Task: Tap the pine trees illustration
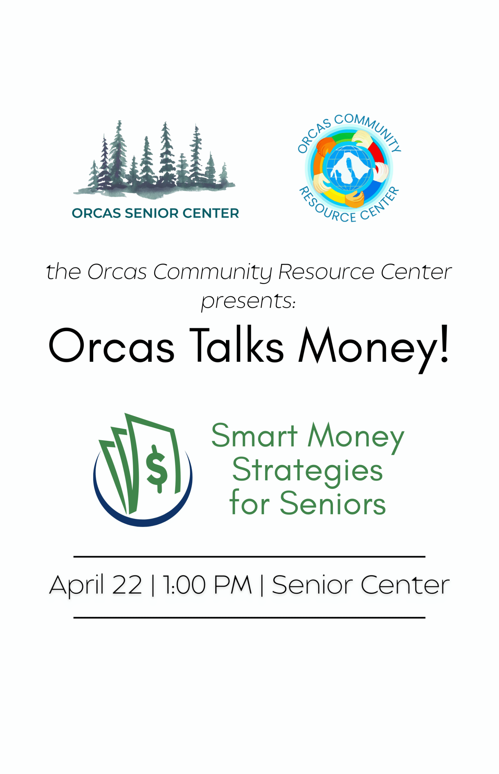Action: click(x=154, y=159)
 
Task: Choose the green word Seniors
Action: click(x=333, y=504)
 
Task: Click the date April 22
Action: click(x=96, y=585)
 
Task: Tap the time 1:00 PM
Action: click(x=207, y=585)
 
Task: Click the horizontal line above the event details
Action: click(x=249, y=557)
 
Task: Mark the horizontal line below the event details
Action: click(x=249, y=618)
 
